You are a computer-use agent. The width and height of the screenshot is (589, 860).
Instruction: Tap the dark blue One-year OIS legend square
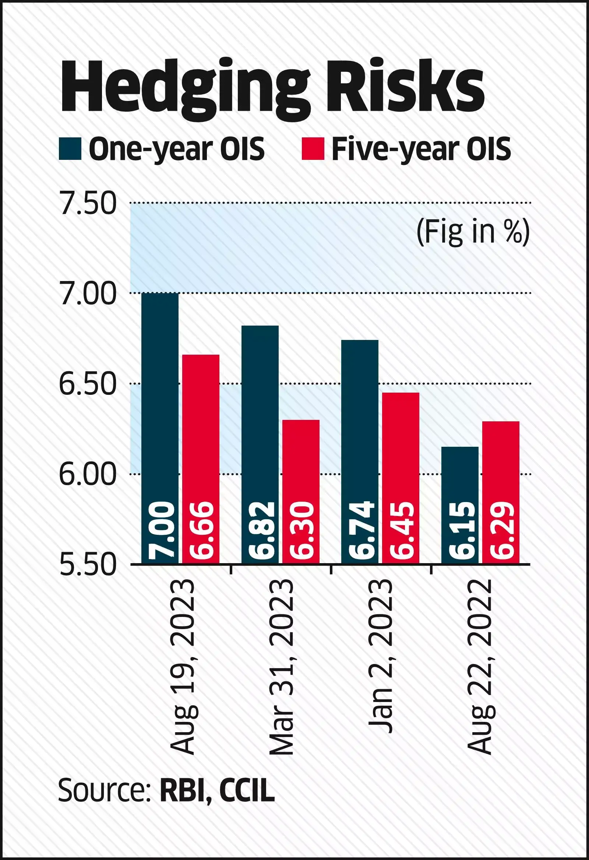click(70, 149)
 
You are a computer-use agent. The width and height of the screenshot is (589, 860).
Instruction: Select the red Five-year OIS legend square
click(313, 149)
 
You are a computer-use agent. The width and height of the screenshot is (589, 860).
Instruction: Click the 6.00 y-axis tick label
click(88, 474)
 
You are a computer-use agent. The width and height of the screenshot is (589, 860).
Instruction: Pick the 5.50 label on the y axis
click(88, 565)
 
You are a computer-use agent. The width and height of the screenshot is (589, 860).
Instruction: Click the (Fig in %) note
click(473, 232)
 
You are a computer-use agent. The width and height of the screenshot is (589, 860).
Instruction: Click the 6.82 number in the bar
click(261, 530)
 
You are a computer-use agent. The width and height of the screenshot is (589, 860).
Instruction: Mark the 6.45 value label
click(401, 530)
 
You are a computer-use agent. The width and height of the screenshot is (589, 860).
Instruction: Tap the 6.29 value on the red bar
click(501, 530)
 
